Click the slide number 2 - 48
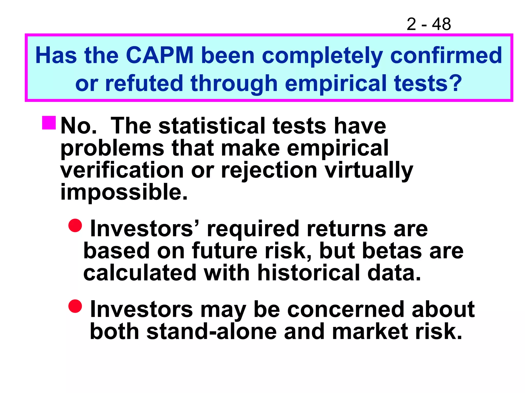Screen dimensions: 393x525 (x=428, y=24)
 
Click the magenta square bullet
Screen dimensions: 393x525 (x=49, y=123)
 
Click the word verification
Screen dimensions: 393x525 (x=122, y=170)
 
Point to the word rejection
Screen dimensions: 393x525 (x=269, y=171)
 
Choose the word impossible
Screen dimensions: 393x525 (x=124, y=192)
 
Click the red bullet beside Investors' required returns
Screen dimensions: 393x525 (x=75, y=225)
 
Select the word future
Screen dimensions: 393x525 (x=224, y=251)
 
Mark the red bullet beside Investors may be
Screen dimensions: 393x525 (x=75, y=306)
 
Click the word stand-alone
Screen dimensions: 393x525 (x=212, y=332)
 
